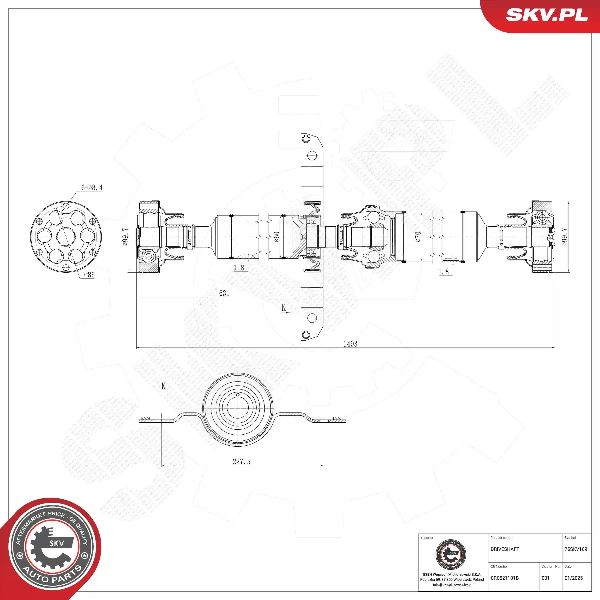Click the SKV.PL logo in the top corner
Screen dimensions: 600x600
(x=546, y=15)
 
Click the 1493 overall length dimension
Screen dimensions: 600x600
(x=350, y=344)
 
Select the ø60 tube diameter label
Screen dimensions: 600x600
(x=276, y=237)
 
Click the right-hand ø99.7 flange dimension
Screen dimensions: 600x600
(x=564, y=237)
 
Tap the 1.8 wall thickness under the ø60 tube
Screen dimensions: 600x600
(x=239, y=268)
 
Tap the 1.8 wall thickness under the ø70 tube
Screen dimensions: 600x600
(x=444, y=272)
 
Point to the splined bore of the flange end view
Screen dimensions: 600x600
(x=66, y=237)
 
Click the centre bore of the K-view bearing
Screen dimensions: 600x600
(x=238, y=408)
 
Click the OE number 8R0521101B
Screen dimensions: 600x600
(x=505, y=578)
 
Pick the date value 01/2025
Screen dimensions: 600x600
(x=574, y=578)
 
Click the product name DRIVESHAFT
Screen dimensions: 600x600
(x=505, y=549)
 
